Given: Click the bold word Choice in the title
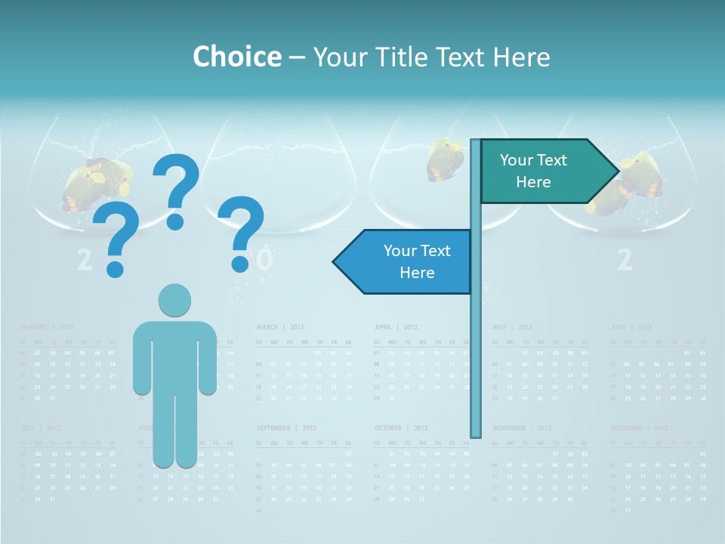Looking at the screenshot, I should click(236, 57).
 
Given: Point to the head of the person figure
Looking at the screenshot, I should click(174, 300).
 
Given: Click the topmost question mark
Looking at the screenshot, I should click(176, 189).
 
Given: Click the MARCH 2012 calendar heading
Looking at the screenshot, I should click(279, 327).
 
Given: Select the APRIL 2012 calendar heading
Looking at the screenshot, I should click(396, 327).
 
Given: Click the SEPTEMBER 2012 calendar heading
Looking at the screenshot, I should click(283, 428).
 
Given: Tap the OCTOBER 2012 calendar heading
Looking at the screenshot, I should click(400, 428).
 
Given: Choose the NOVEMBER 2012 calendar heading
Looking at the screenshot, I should click(522, 428).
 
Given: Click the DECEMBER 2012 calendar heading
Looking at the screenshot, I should click(639, 428).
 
